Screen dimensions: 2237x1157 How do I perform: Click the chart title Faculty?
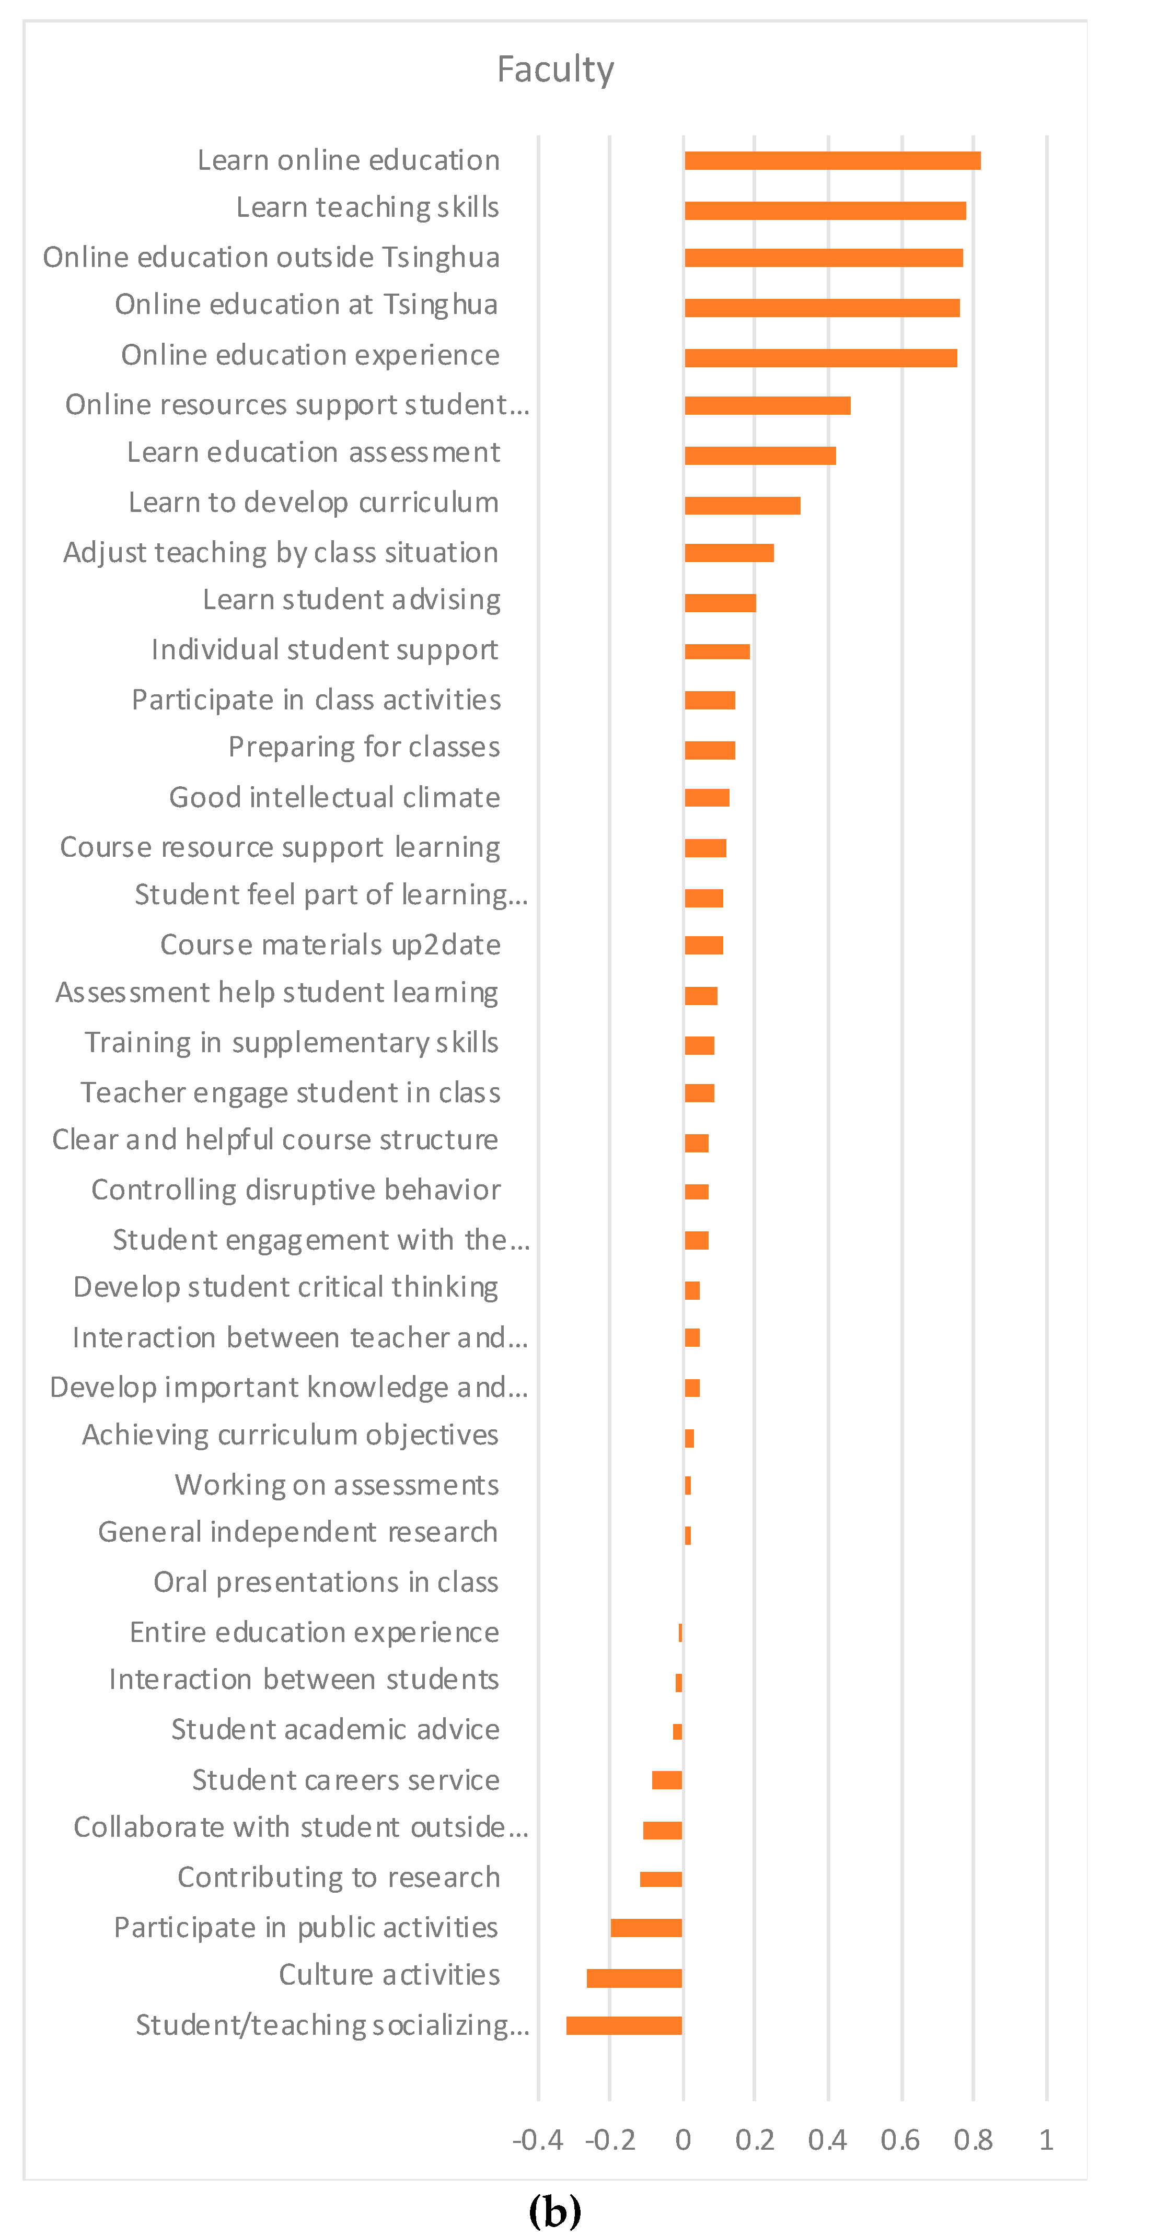point(555,69)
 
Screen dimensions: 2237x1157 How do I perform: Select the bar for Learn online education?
point(832,161)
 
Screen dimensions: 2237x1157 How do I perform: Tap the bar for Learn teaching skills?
point(825,210)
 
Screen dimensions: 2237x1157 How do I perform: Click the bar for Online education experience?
point(821,358)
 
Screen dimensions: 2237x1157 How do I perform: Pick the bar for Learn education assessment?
point(760,456)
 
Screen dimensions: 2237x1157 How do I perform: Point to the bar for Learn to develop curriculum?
point(743,505)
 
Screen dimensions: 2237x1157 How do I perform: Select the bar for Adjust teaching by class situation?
point(729,553)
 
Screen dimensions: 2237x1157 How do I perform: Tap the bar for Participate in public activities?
point(646,1928)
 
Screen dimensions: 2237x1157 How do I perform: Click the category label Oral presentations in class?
point(326,1582)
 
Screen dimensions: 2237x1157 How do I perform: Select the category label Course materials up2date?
point(330,945)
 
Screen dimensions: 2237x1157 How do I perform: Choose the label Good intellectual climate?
point(334,797)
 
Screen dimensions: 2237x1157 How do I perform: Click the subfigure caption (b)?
point(555,2210)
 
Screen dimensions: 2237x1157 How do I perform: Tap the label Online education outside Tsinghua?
point(271,258)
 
